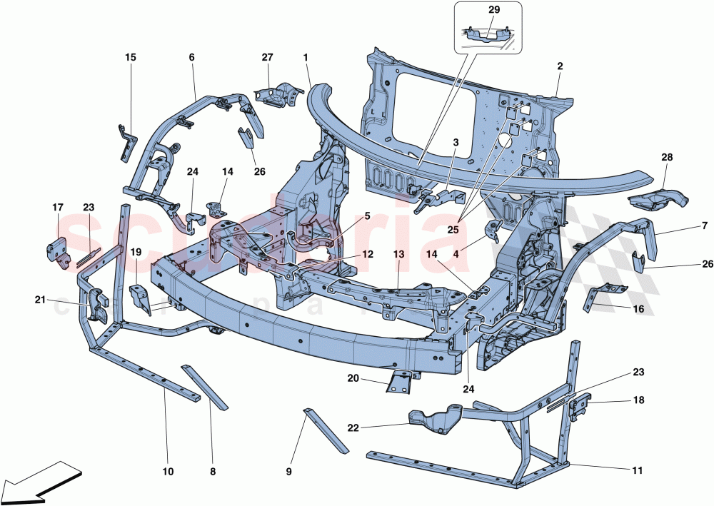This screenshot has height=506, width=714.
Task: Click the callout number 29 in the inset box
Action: point(494,9)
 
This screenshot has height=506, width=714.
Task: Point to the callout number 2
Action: point(560,66)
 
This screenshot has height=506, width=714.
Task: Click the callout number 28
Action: point(667,157)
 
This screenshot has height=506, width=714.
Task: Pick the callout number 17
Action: point(58,208)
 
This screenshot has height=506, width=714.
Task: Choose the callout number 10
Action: point(169,471)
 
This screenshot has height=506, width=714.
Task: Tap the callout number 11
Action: point(638,471)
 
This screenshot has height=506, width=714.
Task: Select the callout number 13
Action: point(398,254)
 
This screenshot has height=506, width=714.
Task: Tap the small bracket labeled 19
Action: point(140,298)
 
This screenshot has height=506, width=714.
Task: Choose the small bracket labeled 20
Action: point(400,381)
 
